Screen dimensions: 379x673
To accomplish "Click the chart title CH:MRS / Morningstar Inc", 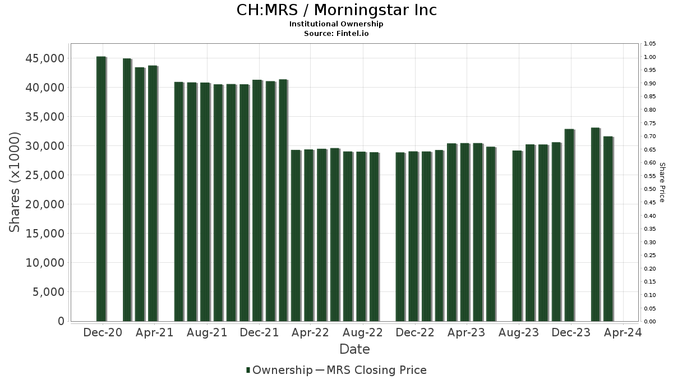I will click(336, 10).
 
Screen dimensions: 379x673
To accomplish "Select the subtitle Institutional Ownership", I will click(336, 24).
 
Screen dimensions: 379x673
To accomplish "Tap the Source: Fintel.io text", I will click(336, 33).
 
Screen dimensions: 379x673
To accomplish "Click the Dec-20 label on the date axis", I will click(103, 332).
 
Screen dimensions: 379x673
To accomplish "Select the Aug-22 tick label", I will click(363, 332).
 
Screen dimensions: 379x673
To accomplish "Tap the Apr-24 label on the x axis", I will click(623, 332).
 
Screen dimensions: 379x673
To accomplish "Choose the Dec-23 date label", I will click(571, 332).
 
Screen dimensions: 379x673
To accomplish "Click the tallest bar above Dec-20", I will click(101, 189).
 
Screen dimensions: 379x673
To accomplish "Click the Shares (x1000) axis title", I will click(15, 182).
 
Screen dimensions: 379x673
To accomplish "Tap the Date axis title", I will click(354, 349).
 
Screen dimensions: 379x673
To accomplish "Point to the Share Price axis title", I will click(662, 182).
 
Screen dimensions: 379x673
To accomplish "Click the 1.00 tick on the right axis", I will click(649, 57).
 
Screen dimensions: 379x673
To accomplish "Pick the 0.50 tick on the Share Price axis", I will click(649, 189).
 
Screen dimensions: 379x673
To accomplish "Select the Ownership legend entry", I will click(279, 370).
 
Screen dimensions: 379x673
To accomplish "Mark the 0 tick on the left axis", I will click(60, 321).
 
